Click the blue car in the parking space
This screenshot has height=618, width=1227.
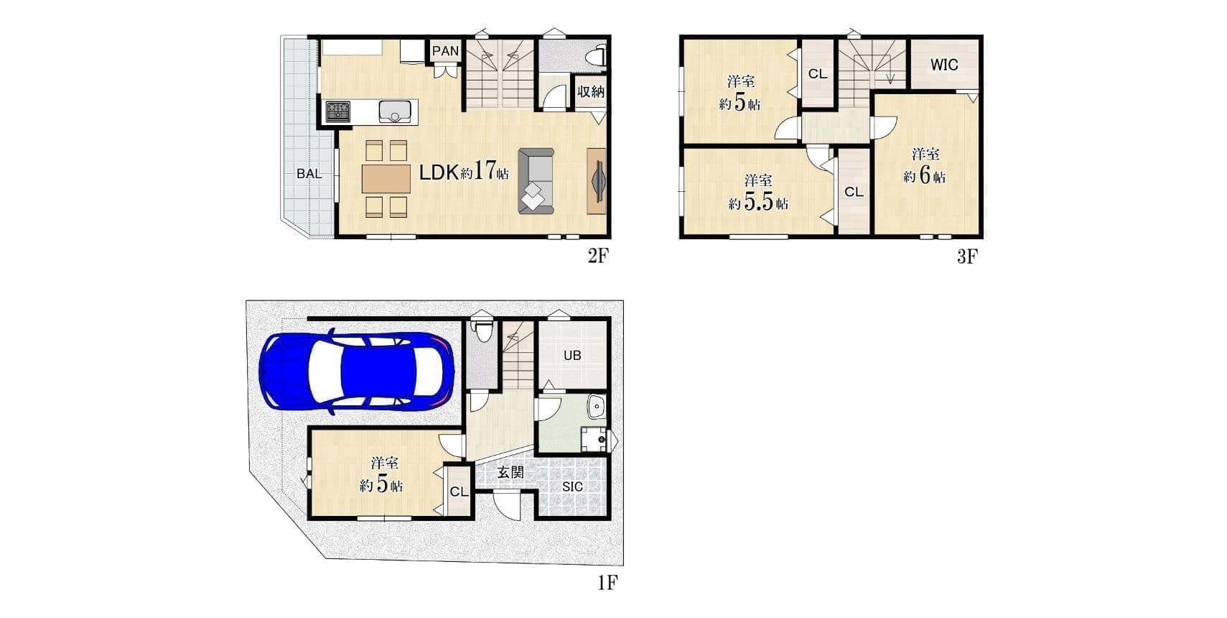point(357,372)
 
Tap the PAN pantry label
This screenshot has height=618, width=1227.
point(445,51)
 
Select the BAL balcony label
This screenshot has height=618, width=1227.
point(309,174)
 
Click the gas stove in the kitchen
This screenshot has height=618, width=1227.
point(337,111)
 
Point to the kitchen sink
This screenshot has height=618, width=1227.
point(395,112)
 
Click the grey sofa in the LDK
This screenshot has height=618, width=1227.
point(536,181)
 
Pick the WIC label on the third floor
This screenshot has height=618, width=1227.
point(944,65)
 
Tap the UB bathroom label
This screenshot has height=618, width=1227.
point(572,355)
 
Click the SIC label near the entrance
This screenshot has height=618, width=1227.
point(572,486)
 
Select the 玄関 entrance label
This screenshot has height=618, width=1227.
point(510,472)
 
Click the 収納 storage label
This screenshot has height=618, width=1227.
point(590,91)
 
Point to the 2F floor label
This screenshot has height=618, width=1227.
point(598,256)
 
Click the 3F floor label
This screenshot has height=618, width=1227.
point(967,256)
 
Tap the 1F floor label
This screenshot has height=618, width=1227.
point(607,582)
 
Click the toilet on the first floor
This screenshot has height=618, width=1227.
point(482,332)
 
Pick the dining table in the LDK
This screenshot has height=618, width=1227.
point(386,179)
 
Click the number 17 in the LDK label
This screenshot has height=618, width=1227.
point(484,170)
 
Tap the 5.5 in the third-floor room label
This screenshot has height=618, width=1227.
point(758,203)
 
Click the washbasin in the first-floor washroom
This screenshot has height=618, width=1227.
point(595,407)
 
